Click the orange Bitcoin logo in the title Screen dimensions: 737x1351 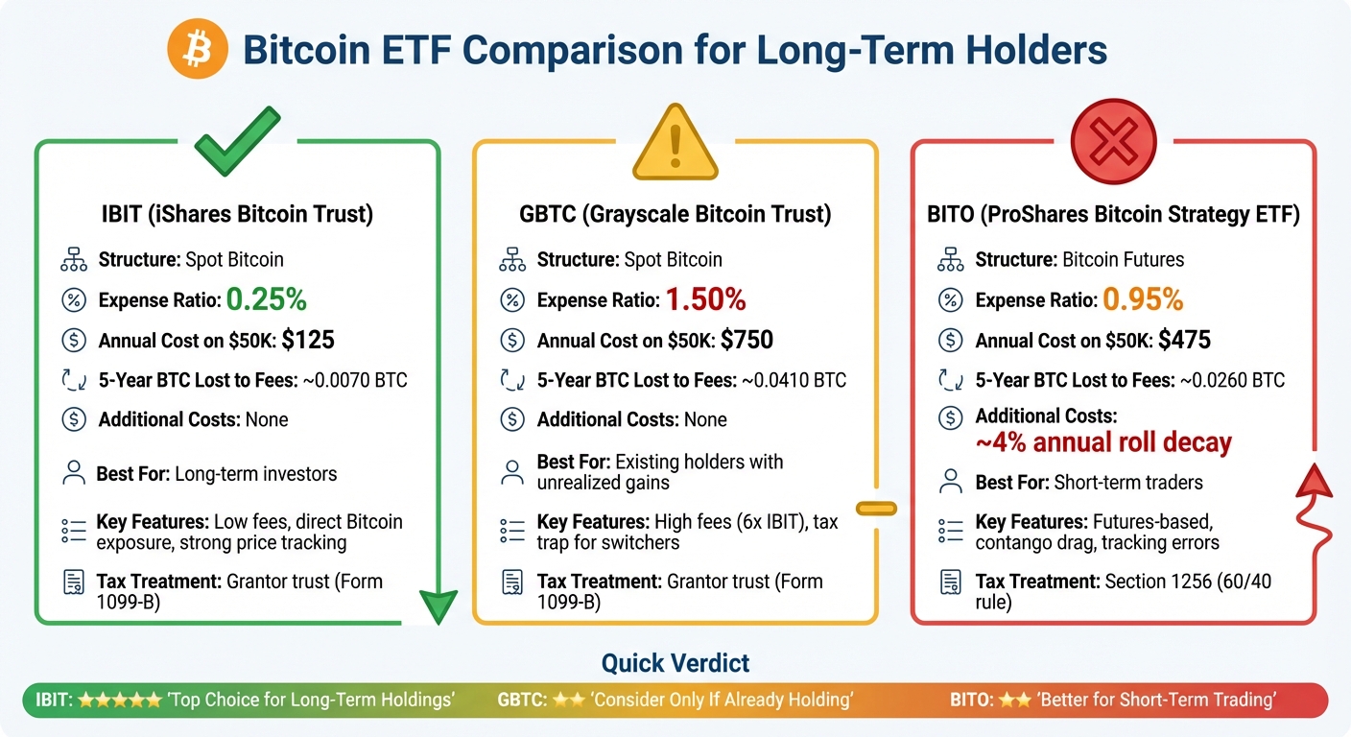[x=198, y=49]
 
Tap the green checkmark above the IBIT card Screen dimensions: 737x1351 [x=237, y=141]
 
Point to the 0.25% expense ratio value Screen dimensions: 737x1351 [x=266, y=299]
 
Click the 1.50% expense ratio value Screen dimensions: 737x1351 [x=705, y=299]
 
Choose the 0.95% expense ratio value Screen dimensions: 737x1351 [x=1143, y=299]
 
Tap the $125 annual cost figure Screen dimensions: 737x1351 [x=308, y=340]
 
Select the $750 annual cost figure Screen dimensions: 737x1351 [x=747, y=340]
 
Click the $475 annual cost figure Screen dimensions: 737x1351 [x=1184, y=340]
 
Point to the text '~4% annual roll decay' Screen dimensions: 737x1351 [x=1103, y=443]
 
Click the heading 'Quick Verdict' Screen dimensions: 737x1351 [x=675, y=662]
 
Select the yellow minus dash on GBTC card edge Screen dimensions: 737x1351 [x=877, y=508]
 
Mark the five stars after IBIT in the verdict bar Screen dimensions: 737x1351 [x=119, y=700]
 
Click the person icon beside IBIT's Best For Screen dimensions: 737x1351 [x=73, y=473]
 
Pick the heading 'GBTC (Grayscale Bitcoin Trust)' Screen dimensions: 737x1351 [x=675, y=214]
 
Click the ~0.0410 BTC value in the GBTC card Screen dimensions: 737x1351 [x=794, y=380]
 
